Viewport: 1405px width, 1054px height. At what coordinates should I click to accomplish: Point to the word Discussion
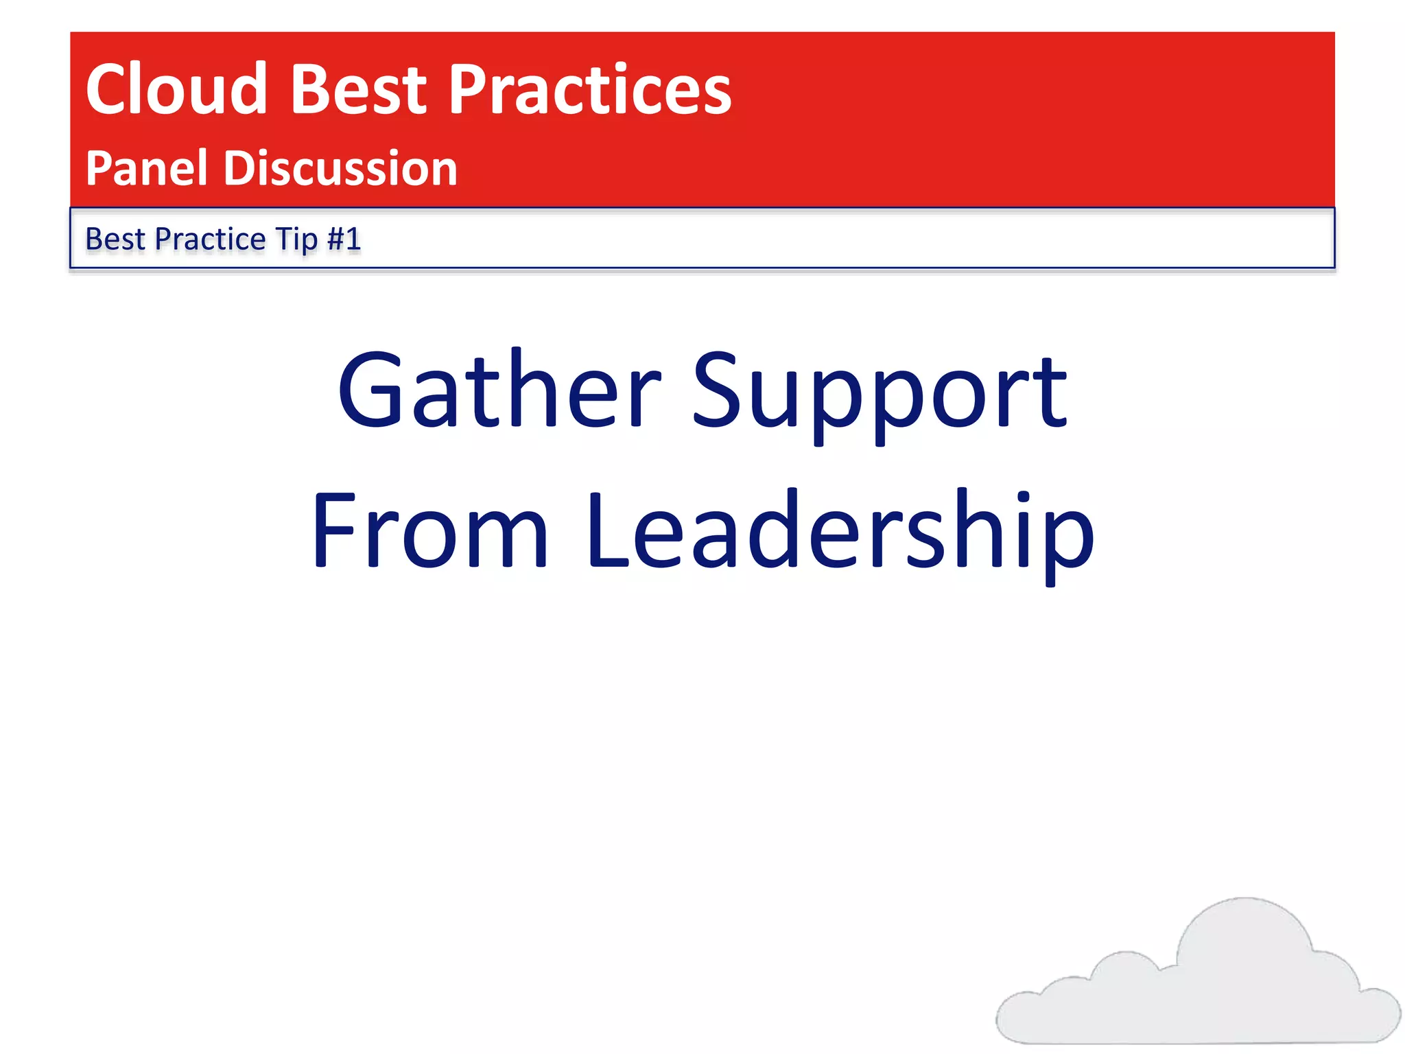pyautogui.click(x=340, y=168)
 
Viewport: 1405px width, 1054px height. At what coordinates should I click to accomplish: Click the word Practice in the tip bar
pyautogui.click(x=210, y=239)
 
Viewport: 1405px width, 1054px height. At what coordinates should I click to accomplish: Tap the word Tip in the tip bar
pyautogui.click(x=296, y=239)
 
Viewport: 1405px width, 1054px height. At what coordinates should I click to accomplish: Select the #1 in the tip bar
pyautogui.click(x=344, y=239)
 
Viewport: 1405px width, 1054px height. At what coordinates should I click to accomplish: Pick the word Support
pyautogui.click(x=879, y=395)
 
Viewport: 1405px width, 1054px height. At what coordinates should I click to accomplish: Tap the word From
pyautogui.click(x=429, y=530)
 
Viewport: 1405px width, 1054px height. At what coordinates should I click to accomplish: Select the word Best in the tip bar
pyautogui.click(x=115, y=239)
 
